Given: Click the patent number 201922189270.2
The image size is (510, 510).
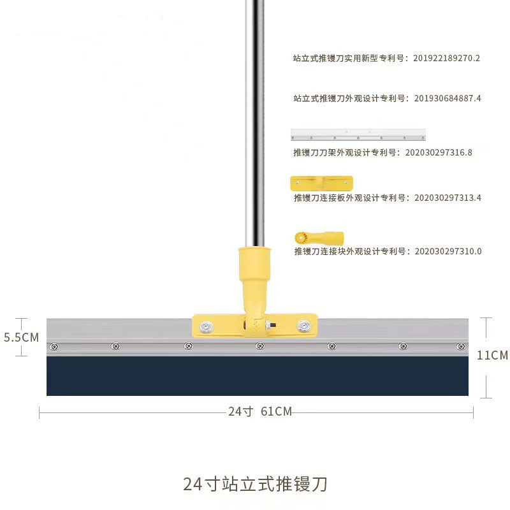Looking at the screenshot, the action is pyautogui.click(x=446, y=58).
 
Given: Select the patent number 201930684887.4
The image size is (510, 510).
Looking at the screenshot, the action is pyautogui.click(x=447, y=98).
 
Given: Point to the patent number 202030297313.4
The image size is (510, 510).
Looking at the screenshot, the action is pyautogui.click(x=448, y=198).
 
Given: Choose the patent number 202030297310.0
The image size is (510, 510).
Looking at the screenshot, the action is pyautogui.click(x=448, y=251).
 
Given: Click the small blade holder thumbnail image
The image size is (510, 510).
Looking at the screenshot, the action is pyautogui.click(x=358, y=135).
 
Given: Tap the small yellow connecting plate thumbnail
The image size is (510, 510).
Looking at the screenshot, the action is pyautogui.click(x=321, y=184).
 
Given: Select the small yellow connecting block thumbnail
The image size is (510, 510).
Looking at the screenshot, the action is pyautogui.click(x=319, y=238).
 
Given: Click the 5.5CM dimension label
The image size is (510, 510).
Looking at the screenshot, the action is pyautogui.click(x=22, y=337).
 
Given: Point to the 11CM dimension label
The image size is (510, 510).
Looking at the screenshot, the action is pyautogui.click(x=492, y=355).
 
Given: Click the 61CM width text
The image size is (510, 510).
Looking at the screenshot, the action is pyautogui.click(x=276, y=412).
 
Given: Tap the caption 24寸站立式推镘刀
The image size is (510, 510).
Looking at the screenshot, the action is pyautogui.click(x=255, y=484).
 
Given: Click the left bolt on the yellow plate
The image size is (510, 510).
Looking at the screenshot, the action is pyautogui.click(x=207, y=327).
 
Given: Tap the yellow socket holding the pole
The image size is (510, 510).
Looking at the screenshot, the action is pyautogui.click(x=256, y=274).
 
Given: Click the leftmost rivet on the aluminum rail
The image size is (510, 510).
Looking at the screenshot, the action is pyautogui.click(x=54, y=346).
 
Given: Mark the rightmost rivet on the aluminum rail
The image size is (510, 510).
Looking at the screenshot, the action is pyautogui.click(x=460, y=346).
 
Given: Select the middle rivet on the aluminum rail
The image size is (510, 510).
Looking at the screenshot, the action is pyautogui.click(x=259, y=346).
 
